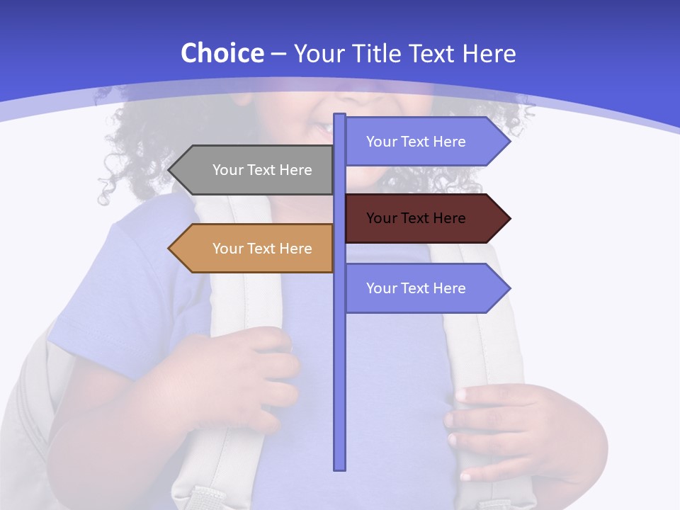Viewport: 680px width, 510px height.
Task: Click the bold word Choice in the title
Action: pyautogui.click(x=222, y=54)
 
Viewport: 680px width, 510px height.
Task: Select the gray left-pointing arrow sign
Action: pyautogui.click(x=255, y=170)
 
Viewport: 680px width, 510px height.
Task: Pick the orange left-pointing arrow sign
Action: pyautogui.click(x=255, y=249)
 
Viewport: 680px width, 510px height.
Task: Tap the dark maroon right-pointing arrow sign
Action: pyautogui.click(x=425, y=218)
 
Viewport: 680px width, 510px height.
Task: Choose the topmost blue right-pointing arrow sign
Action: pyautogui.click(x=425, y=142)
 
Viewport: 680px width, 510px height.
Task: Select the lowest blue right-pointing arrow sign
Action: pyautogui.click(x=425, y=288)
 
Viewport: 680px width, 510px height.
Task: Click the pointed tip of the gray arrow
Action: pyautogui.click(x=171, y=170)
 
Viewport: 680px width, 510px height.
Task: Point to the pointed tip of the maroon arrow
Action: pyautogui.click(x=509, y=218)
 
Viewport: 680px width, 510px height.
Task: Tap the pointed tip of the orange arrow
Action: pyautogui.click(x=171, y=249)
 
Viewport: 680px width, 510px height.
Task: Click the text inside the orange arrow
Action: pyautogui.click(x=262, y=249)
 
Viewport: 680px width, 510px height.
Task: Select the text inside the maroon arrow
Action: pyautogui.click(x=416, y=218)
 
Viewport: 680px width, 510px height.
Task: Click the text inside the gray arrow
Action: pyautogui.click(x=262, y=170)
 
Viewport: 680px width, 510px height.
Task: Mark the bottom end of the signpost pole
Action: pyautogui.click(x=340, y=467)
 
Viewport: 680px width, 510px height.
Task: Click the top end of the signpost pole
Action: pyautogui.click(x=340, y=115)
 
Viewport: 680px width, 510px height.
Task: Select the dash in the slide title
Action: pyautogui.click(x=278, y=55)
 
